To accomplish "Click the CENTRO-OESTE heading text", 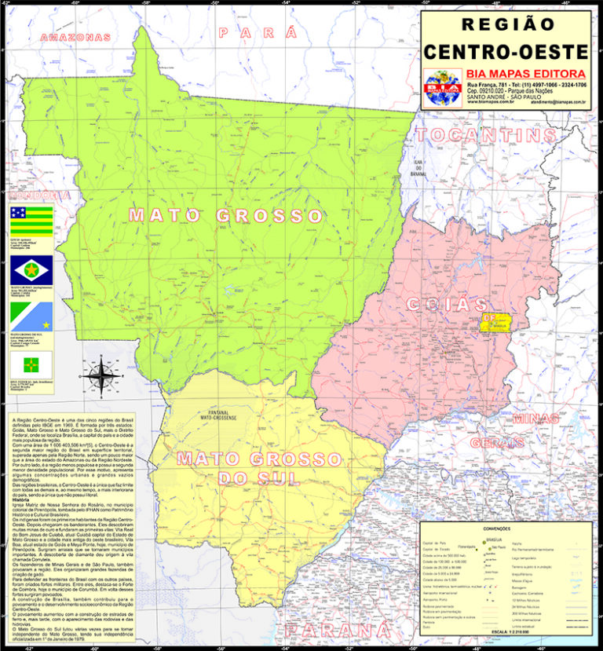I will click(506, 52).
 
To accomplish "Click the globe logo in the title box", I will click(443, 87).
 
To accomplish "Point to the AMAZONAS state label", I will click(75, 37).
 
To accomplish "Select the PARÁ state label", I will click(258, 33).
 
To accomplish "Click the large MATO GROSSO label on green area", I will click(226, 215).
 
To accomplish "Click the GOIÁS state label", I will click(447, 304).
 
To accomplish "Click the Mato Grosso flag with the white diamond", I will click(31, 270).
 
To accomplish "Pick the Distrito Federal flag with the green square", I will click(31, 363).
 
